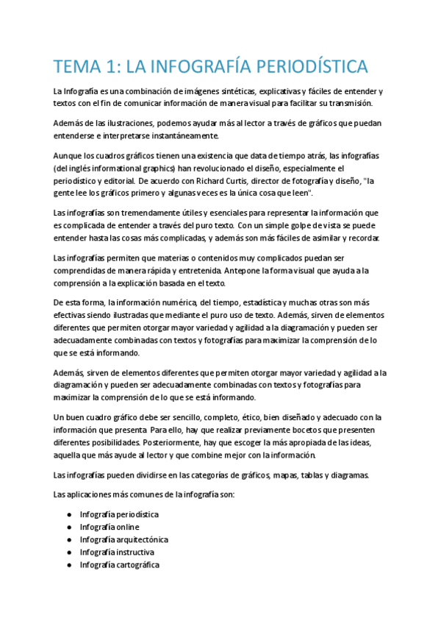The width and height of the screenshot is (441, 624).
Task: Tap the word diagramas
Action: click(344, 475)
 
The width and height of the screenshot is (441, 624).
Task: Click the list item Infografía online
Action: click(110, 528)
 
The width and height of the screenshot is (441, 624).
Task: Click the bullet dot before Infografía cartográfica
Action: click(68, 565)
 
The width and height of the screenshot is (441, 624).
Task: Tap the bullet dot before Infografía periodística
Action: click(68, 515)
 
